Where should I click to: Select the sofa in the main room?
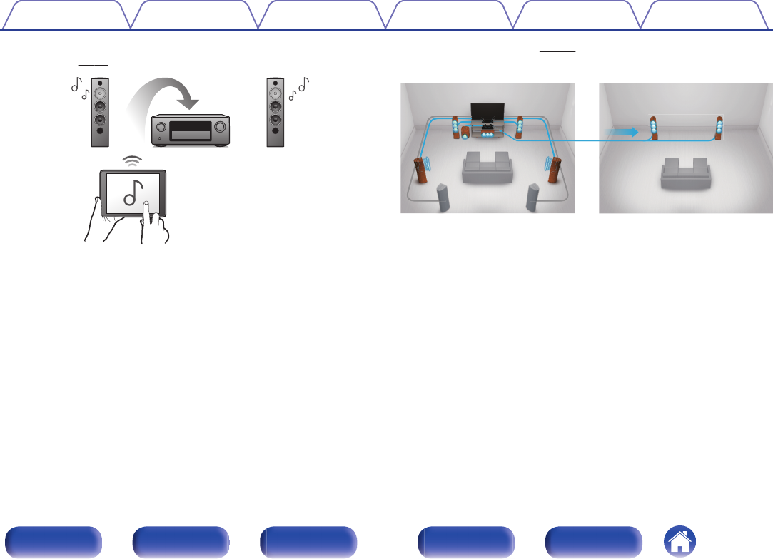click(x=487, y=168)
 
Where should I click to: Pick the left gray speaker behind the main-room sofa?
click(x=443, y=198)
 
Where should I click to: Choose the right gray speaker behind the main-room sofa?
click(x=532, y=198)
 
